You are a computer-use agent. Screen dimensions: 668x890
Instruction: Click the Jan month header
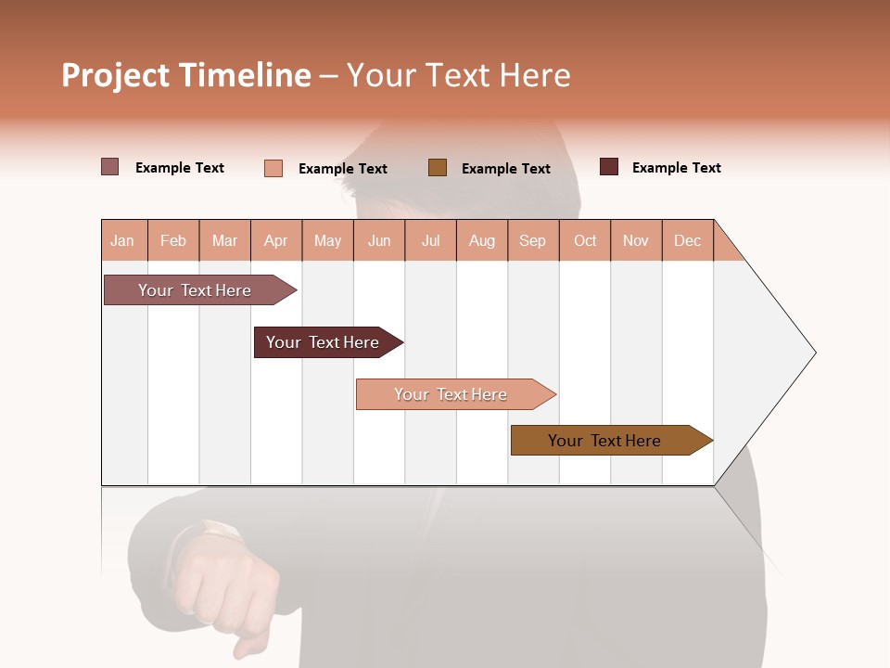pos(122,240)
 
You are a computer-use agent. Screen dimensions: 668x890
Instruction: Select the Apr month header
pos(275,240)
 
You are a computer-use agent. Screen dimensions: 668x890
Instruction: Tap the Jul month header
pos(430,240)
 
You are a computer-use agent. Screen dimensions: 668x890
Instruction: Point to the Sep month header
pos(532,240)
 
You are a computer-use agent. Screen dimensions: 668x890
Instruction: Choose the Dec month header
pos(687,240)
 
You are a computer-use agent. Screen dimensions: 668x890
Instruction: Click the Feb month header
pos(173,240)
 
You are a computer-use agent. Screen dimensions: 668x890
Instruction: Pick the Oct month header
pos(585,240)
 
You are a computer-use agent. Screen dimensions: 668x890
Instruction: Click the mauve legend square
pos(109,167)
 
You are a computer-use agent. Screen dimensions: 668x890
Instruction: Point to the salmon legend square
pos(273,168)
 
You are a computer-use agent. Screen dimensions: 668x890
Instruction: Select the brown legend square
pos(438,167)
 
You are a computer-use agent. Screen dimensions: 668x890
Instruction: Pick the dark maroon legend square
pos(608,167)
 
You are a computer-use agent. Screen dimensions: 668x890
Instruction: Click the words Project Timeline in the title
pos(185,75)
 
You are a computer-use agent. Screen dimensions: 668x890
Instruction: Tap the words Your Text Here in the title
pos(458,75)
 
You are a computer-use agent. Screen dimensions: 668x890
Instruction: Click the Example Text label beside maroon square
pos(676,168)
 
